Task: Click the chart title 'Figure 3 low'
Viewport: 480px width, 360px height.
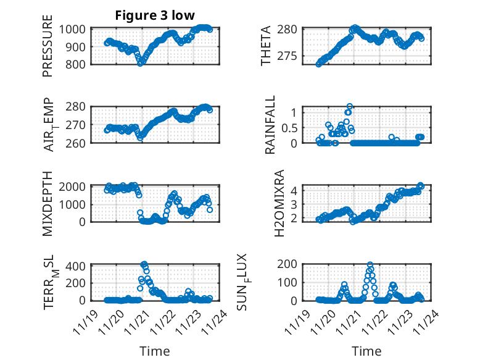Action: pos(155,15)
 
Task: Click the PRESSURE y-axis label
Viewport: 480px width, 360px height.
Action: pos(48,46)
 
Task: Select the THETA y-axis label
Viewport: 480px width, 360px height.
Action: pos(266,46)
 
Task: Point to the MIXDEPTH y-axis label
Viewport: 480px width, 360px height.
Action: pos(48,203)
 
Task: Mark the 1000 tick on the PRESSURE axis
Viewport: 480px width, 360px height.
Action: pos(75,29)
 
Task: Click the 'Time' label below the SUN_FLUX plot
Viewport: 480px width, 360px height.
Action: pos(366,351)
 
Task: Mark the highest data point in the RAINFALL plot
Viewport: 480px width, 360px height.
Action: pos(350,107)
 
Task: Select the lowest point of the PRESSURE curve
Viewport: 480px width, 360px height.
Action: pos(141,63)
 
